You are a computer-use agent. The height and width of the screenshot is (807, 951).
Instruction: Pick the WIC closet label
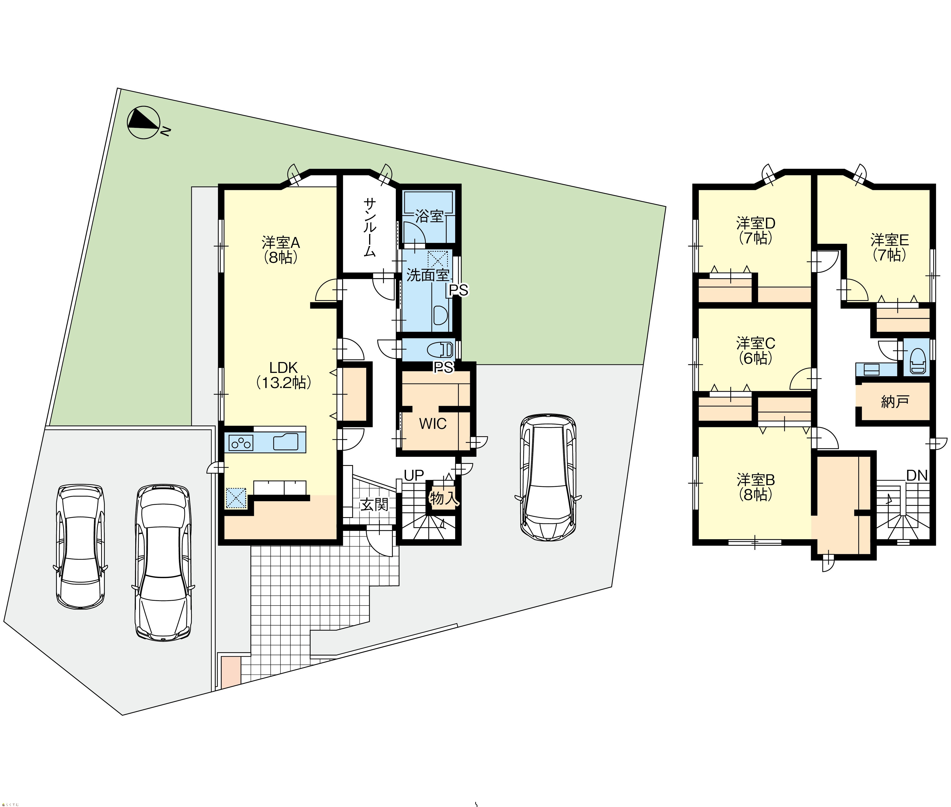point(432,424)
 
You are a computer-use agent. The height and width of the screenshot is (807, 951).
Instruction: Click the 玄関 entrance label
point(374,505)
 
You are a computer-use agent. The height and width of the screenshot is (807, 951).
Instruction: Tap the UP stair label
point(414,475)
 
